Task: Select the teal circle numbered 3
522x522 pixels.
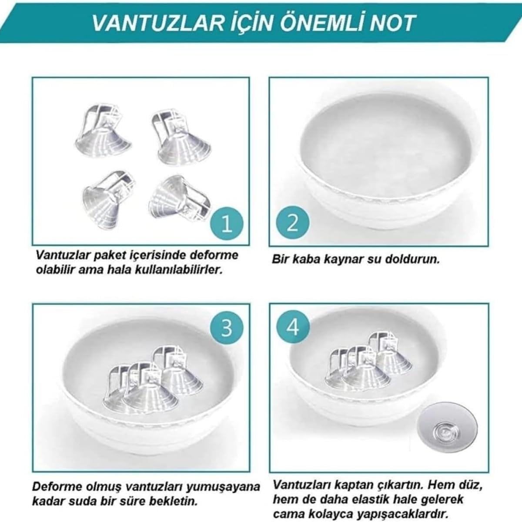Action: tap(227, 328)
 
